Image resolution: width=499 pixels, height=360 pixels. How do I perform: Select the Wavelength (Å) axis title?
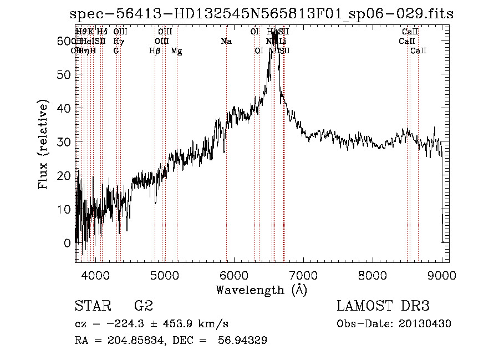pos(261,290)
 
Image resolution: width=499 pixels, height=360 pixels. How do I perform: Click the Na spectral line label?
pos(226,42)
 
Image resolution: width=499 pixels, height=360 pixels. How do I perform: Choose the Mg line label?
pos(176,51)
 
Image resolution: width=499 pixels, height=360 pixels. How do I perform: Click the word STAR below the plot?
pos(92,306)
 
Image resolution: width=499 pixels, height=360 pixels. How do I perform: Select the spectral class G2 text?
pos(143,306)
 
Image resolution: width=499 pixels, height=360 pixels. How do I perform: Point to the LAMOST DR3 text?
pos(383,306)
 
